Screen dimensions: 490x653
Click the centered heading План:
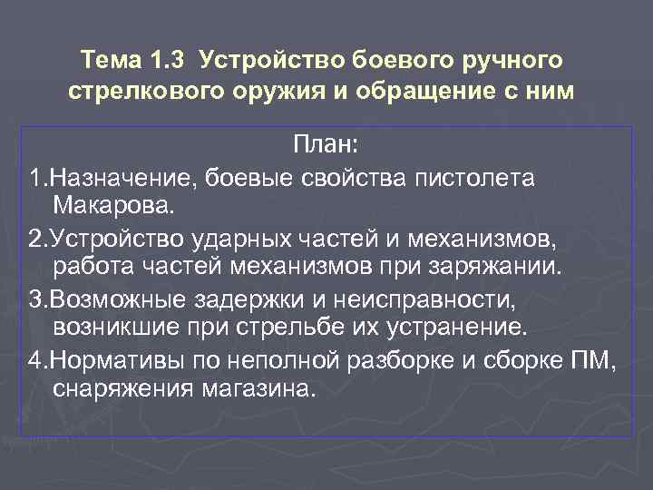point(326,145)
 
